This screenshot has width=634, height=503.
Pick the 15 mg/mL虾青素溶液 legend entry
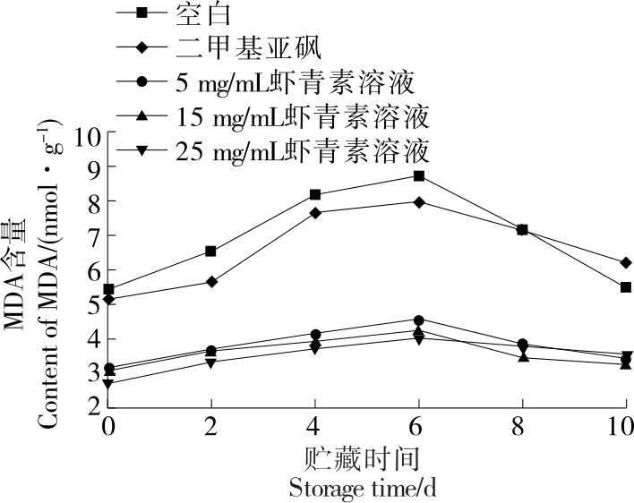point(304,116)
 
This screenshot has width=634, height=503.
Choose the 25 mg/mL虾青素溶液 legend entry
point(304,149)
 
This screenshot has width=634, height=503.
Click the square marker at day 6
point(418,175)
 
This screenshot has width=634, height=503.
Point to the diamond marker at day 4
point(315,212)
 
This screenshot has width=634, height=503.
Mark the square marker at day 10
point(625,287)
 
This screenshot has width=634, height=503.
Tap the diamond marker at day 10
point(625,262)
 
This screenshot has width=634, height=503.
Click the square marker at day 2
point(211,251)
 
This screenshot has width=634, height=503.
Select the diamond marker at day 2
point(211,282)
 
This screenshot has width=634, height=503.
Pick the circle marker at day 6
point(418,320)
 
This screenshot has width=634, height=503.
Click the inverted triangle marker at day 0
point(108,384)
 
